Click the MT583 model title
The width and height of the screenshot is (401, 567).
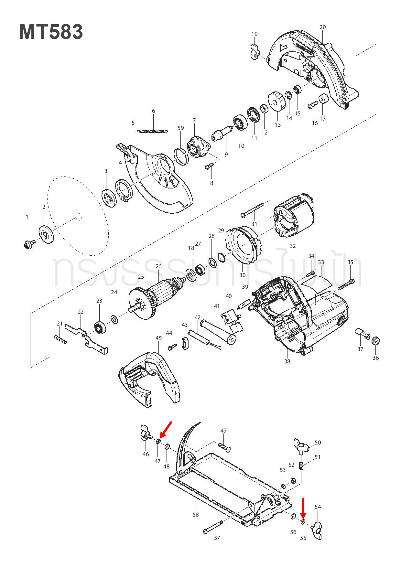(x=51, y=32)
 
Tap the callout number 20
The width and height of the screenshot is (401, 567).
(x=322, y=27)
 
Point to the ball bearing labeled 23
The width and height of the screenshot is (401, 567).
(x=100, y=328)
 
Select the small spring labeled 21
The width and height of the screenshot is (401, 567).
(x=60, y=339)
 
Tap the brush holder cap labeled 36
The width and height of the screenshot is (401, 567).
(x=375, y=340)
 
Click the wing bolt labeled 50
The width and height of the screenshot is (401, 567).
(x=301, y=446)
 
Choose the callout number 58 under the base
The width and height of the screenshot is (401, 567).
(x=196, y=514)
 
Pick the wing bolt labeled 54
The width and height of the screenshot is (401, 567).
(x=317, y=530)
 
